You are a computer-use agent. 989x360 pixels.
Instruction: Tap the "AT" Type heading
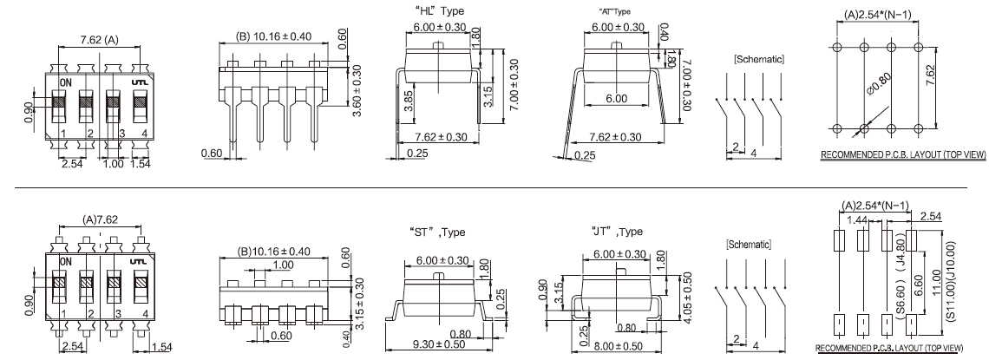[x=614, y=11]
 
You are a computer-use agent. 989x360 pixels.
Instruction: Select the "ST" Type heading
[x=437, y=232]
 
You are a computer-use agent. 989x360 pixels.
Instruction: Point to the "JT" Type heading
[x=618, y=232]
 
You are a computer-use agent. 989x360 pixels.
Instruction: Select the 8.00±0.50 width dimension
[x=619, y=345]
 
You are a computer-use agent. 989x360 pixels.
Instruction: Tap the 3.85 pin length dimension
[x=408, y=101]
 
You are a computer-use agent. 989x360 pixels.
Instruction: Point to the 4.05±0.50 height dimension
[x=687, y=299]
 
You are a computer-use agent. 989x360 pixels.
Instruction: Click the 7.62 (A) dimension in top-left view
[x=100, y=41]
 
